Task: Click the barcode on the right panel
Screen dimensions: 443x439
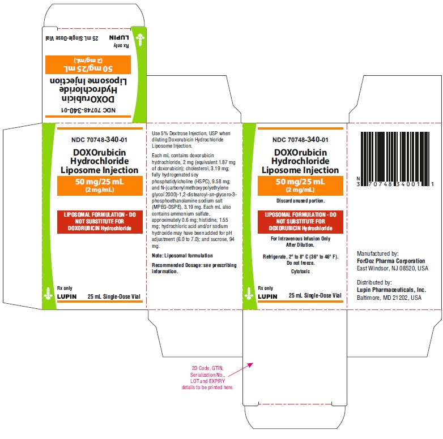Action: [395, 159]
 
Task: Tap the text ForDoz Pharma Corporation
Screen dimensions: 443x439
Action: [391, 261]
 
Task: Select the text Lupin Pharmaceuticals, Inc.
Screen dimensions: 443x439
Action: [391, 290]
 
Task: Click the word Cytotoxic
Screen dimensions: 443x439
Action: [300, 272]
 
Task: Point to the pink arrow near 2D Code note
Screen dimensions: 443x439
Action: [240, 369]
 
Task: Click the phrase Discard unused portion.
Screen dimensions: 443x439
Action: [300, 201]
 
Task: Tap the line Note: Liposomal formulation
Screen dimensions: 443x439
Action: [182, 256]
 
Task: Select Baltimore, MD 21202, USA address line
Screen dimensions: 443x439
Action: [389, 298]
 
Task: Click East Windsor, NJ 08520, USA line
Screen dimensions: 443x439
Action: [393, 268]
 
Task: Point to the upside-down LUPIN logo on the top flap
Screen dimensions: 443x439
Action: [119, 37]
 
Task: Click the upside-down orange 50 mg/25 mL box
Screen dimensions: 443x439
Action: [88, 64]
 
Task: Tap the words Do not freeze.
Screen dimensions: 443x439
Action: [300, 263]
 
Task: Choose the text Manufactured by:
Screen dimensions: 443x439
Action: [378, 253]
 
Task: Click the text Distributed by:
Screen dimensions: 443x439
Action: [374, 282]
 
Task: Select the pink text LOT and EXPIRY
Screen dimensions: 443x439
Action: [208, 381]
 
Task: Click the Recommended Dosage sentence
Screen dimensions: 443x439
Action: [194, 268]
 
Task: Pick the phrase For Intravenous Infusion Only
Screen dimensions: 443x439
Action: [300, 239]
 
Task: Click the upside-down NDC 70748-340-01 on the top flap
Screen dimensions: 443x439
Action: [88, 110]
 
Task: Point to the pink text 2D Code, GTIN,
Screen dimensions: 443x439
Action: [208, 368]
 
